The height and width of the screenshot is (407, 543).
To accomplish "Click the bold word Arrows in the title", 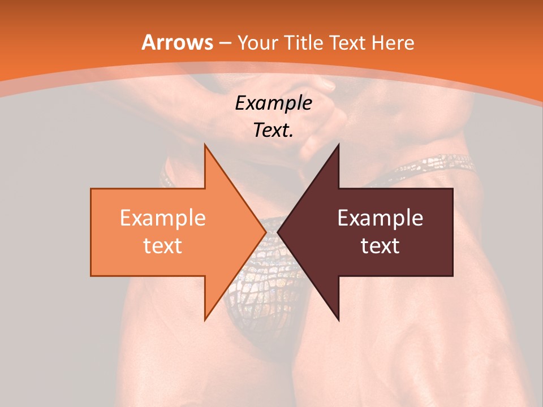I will pyautogui.click(x=178, y=42).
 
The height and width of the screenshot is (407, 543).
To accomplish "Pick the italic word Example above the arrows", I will pyautogui.click(x=274, y=103).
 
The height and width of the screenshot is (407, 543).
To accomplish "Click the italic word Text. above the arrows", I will pyautogui.click(x=274, y=131).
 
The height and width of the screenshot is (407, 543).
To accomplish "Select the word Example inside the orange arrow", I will pyautogui.click(x=162, y=218).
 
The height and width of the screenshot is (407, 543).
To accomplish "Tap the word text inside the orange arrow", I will pyautogui.click(x=162, y=246).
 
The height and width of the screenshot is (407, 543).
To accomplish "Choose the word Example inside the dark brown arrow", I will pyautogui.click(x=380, y=218).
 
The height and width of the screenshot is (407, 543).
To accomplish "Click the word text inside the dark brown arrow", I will pyautogui.click(x=380, y=246).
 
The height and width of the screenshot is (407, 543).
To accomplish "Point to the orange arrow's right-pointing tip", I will pyautogui.click(x=266, y=232).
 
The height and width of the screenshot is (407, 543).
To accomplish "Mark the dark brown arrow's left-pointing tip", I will pyautogui.click(x=278, y=232).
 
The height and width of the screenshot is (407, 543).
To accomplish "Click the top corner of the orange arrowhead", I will pyautogui.click(x=205, y=144).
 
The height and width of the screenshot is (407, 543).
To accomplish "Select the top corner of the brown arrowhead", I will pyautogui.click(x=339, y=144).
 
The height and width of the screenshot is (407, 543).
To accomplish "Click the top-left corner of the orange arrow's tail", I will pyautogui.click(x=91, y=189).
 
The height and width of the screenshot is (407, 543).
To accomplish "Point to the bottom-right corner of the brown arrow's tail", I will pyautogui.click(x=453, y=276).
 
